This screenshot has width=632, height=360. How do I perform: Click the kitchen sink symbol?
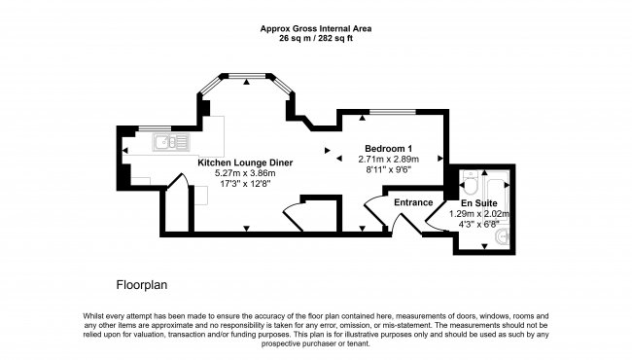tap(171, 142)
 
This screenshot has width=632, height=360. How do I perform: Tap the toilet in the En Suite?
tap(471, 182)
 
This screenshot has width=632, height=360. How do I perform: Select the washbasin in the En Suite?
tap(502, 236)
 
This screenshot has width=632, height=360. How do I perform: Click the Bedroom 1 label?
tap(388, 148)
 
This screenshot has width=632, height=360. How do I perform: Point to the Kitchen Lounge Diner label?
tap(245, 162)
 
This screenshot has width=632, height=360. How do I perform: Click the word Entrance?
tap(413, 202)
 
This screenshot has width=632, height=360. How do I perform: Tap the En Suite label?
tap(479, 203)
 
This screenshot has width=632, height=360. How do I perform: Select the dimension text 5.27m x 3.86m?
tap(245, 173)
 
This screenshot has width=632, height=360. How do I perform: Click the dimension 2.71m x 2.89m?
tap(388, 160)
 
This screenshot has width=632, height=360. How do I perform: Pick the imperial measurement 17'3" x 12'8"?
tap(245, 184)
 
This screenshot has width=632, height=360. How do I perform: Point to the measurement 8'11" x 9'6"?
tap(388, 169)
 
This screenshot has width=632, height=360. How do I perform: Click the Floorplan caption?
tap(142, 285)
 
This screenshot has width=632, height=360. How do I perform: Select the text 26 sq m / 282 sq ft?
tap(316, 39)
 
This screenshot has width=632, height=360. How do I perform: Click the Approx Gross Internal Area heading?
tap(316, 28)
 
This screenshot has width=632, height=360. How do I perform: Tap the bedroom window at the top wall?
tap(393, 111)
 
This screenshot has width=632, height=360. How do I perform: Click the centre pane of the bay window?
tap(247, 75)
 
